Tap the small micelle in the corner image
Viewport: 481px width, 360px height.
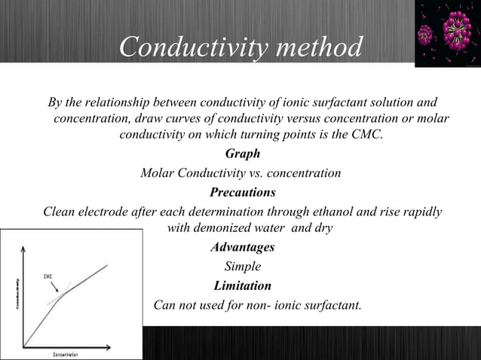pyautogui.click(x=426, y=34)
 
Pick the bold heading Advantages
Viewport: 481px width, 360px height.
pyautogui.click(x=243, y=247)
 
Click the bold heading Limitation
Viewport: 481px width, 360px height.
pyautogui.click(x=243, y=285)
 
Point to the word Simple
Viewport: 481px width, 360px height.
pyautogui.click(x=243, y=266)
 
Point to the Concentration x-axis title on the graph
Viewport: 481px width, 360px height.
pyautogui.click(x=68, y=354)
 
